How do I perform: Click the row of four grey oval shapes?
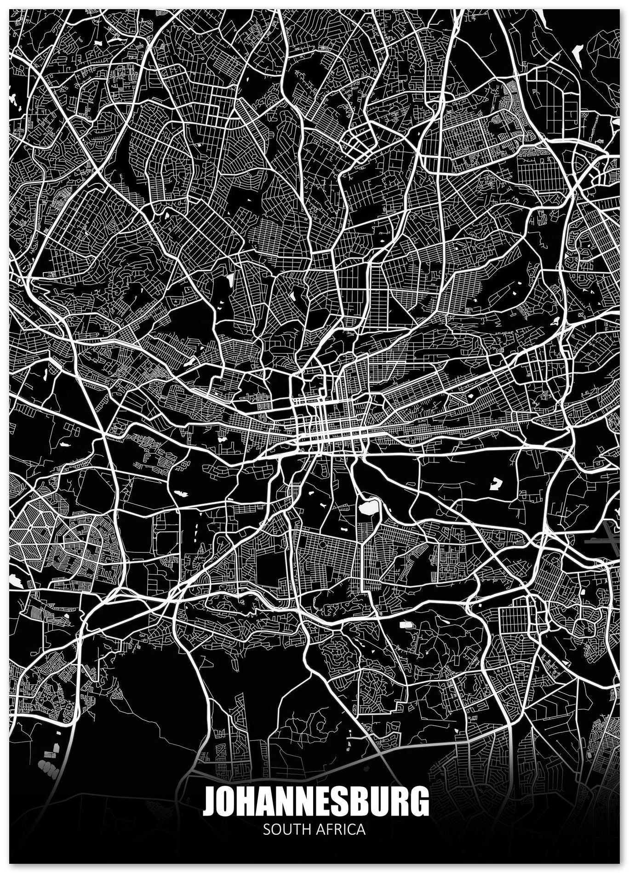pos(46,765)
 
